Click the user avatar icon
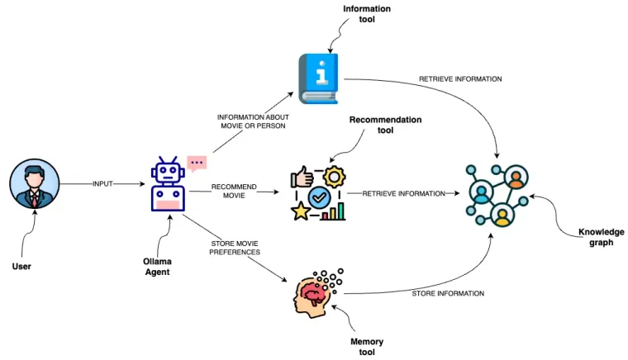click(34, 183)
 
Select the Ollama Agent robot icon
click(168, 185)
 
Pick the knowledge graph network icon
click(497, 193)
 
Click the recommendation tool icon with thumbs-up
click(318, 193)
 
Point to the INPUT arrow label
click(103, 183)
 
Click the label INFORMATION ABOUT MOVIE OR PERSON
click(253, 122)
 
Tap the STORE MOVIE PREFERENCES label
click(234, 248)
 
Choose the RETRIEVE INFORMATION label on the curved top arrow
click(460, 79)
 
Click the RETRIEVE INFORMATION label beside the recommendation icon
click(403, 193)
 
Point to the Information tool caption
click(367, 13)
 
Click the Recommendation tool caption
click(385, 125)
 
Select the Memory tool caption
click(367, 347)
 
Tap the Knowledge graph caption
click(601, 237)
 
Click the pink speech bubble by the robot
click(197, 163)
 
